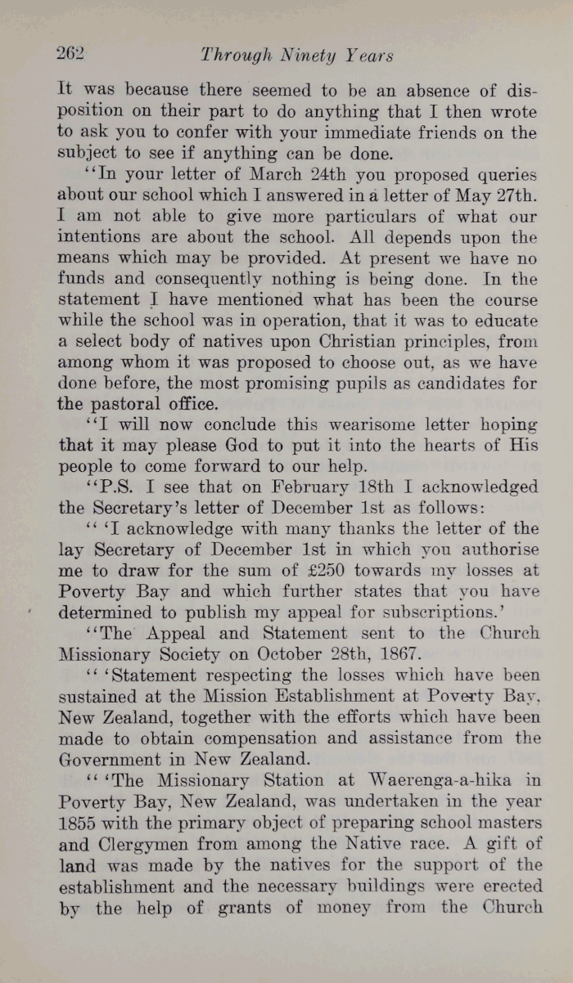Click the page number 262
click(70, 54)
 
